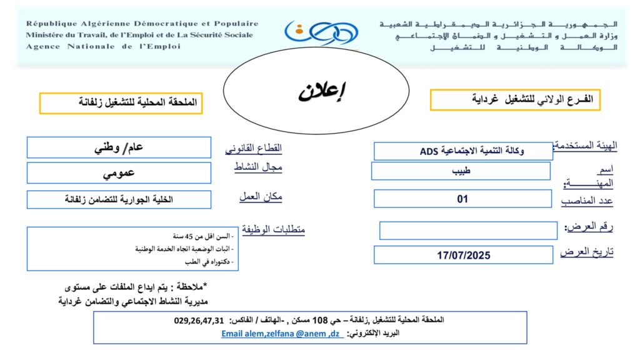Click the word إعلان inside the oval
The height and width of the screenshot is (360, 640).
pos(322,91)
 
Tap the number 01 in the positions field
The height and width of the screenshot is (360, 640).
pos(462,199)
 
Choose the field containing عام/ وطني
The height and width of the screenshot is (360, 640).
pos(119,148)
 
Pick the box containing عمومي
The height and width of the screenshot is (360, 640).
pos(119,173)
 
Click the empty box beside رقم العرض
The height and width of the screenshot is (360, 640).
pos(468,231)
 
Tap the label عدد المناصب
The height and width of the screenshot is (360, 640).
pos(587,201)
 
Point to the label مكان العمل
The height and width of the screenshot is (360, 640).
pos(261,196)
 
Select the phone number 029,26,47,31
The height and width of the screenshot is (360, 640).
pos(199,321)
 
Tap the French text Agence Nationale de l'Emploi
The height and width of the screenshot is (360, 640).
pos(103,46)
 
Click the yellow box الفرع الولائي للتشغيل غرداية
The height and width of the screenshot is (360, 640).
pos(515,100)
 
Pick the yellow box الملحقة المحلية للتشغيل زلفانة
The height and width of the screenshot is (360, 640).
pos(121,103)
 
